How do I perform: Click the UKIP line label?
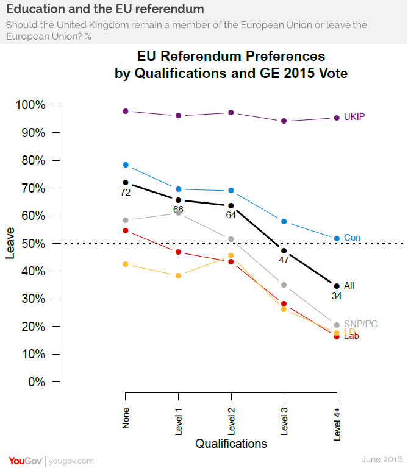coord(354,117)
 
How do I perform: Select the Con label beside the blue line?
coord(352,238)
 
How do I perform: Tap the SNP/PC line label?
coord(360,324)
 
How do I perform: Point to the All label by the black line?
coord(349,285)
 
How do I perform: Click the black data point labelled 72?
coord(126,182)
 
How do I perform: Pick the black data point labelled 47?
coord(284,250)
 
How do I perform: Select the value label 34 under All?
coord(337,296)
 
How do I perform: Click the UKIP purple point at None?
coord(126,112)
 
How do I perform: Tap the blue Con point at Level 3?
coord(284,221)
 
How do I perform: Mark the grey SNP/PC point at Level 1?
coord(178,213)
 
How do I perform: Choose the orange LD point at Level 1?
coord(178,275)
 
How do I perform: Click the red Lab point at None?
coord(126,231)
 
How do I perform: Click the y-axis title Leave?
coord(10,244)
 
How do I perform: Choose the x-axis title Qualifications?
coord(231,444)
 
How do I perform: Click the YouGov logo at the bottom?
coord(25,461)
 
